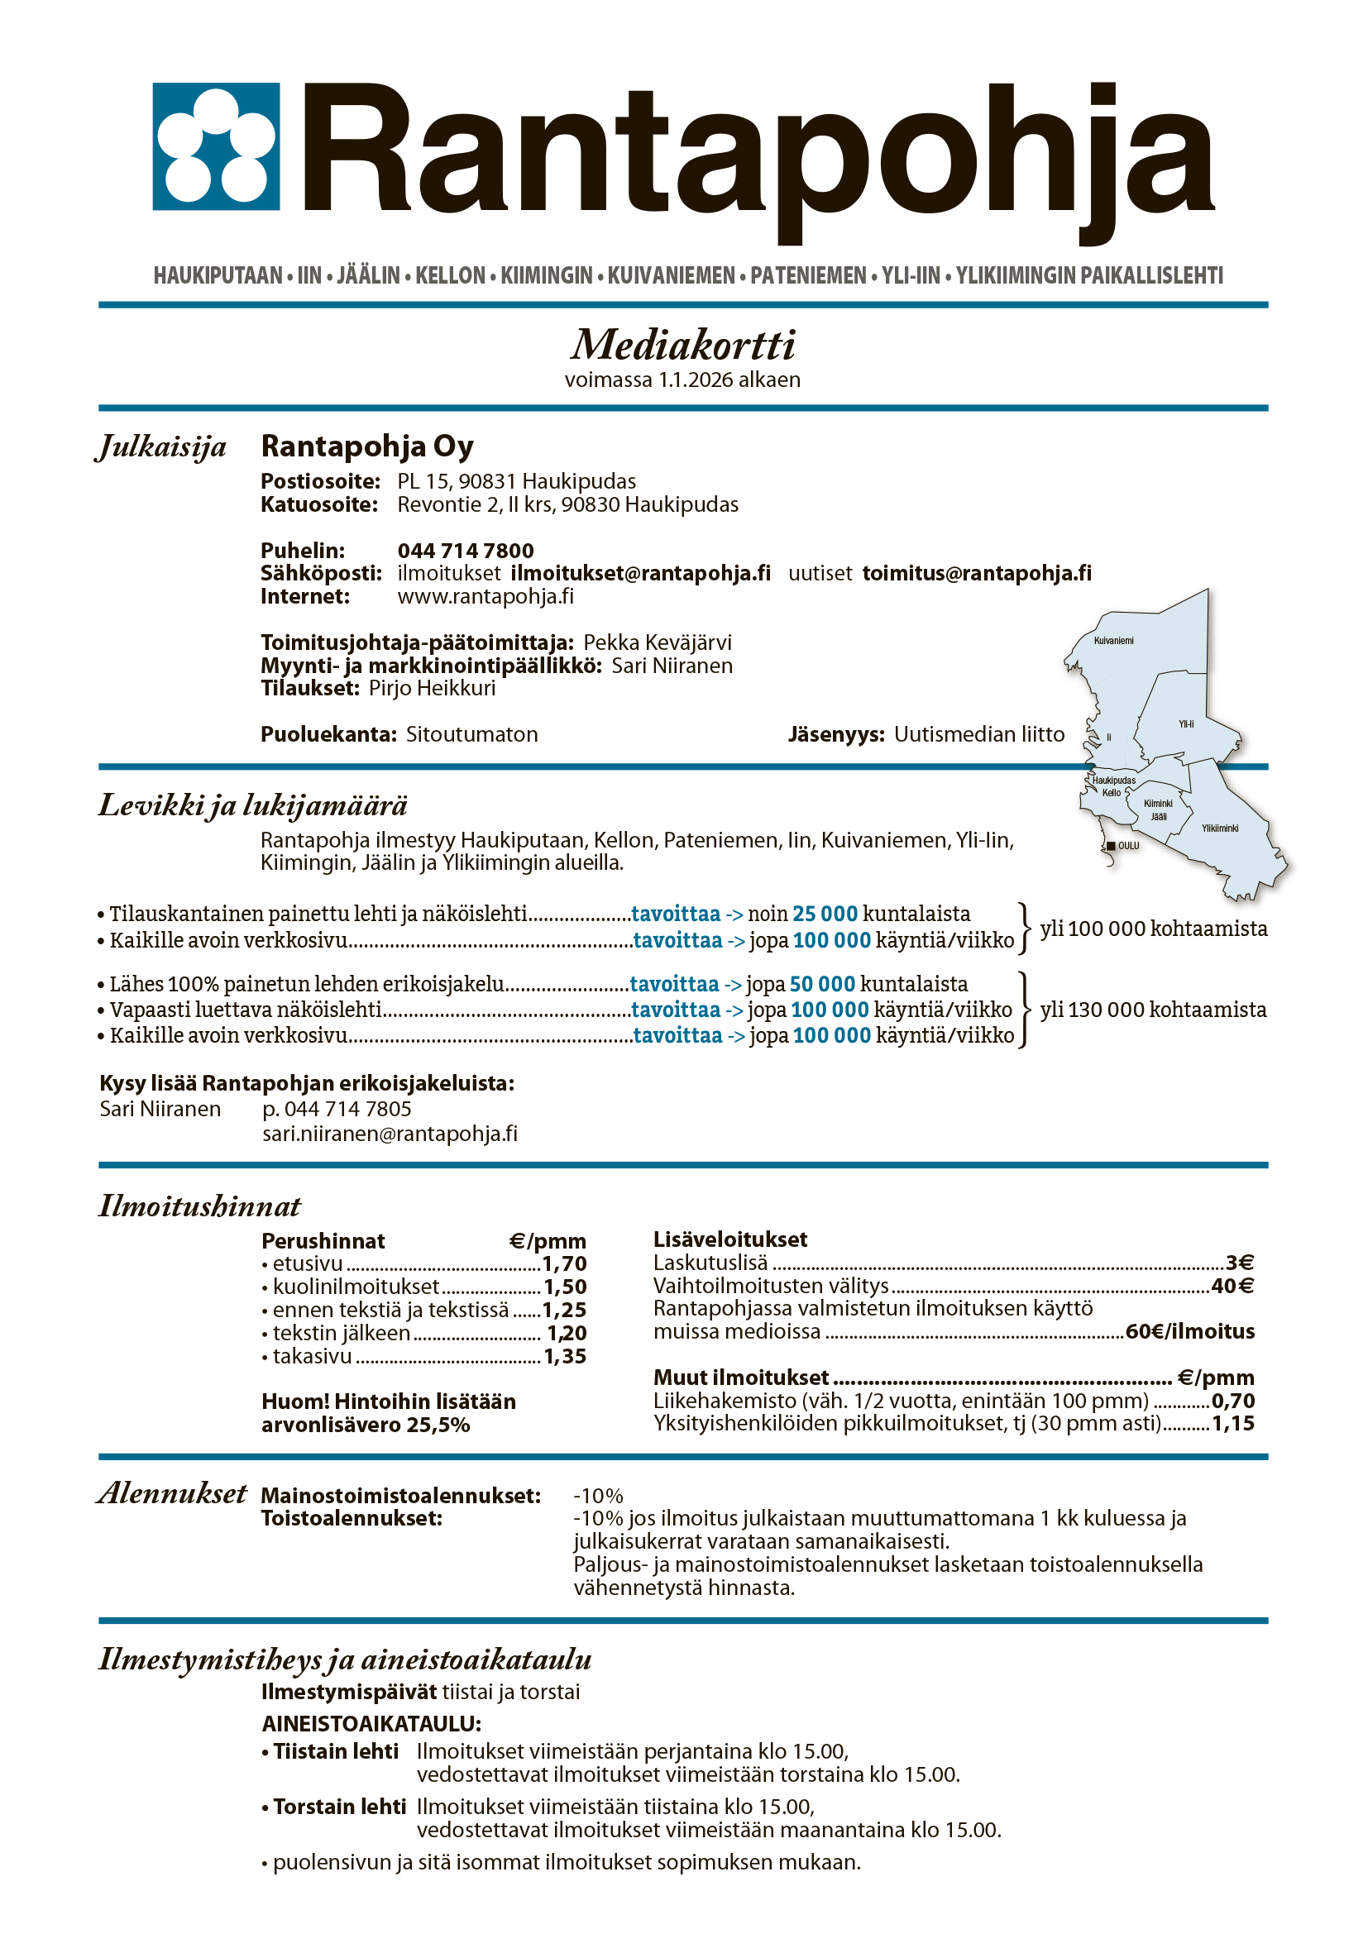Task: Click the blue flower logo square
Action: [216, 146]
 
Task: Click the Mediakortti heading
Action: [683, 345]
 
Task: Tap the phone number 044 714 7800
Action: [465, 551]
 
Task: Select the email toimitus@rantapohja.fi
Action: [976, 574]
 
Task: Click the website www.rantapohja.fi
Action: [485, 596]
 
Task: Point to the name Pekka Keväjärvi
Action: [657, 642]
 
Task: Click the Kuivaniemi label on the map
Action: [1113, 641]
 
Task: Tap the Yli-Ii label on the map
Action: [1186, 723]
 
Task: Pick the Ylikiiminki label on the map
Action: [1220, 828]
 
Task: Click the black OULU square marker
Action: [1111, 846]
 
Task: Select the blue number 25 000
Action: [825, 914]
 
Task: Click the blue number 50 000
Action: [822, 984]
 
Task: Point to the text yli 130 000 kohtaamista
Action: [1153, 1010]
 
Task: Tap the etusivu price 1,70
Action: [563, 1264]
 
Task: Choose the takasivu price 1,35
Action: [564, 1357]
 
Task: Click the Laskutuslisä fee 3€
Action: [1239, 1263]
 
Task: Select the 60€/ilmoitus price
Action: [1189, 1332]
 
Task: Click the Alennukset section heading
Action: [173, 1493]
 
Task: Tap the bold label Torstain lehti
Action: [339, 1807]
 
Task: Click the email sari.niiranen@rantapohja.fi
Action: [390, 1134]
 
